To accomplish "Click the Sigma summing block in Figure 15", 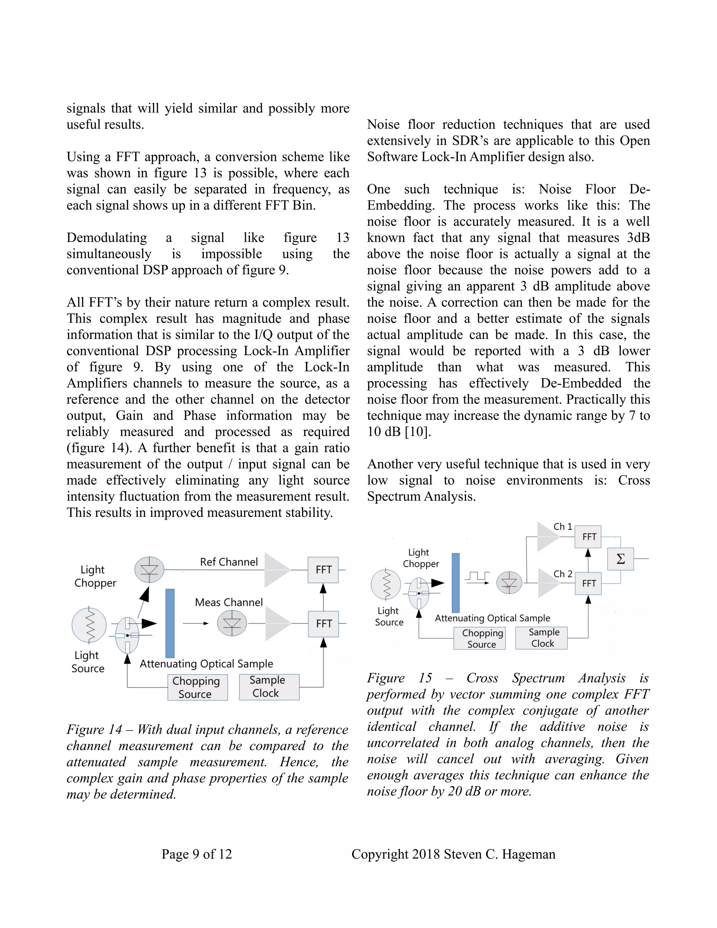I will point(621,559).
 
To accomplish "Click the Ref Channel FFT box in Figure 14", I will point(323,570).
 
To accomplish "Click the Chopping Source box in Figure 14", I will point(197,687).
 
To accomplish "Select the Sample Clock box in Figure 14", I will point(269,687).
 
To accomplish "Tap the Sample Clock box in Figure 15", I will point(542,638).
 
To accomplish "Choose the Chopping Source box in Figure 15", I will point(480,638).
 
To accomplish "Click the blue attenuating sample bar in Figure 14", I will point(170,623).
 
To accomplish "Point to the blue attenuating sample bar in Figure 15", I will point(455,583).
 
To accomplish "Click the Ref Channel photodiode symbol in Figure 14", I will point(149,570).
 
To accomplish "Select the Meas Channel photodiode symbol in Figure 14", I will point(232,623).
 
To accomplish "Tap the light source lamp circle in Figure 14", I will point(89,625).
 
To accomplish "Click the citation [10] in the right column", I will point(417,432).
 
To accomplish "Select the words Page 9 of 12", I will point(197,854).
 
